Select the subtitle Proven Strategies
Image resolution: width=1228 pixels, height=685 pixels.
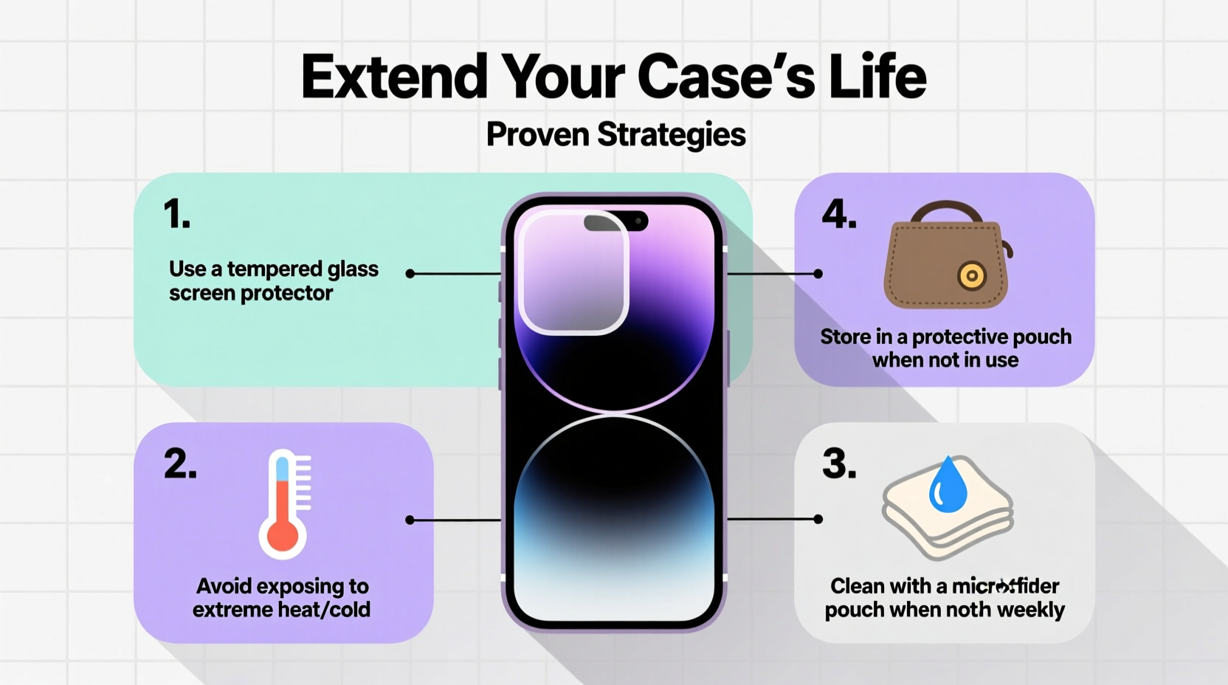click(x=615, y=134)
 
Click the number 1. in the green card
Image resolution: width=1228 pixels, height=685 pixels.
click(x=176, y=215)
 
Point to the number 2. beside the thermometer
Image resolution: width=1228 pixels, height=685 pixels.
click(x=180, y=464)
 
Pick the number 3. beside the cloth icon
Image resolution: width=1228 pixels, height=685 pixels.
click(x=839, y=464)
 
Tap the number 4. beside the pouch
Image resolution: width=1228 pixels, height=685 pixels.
click(x=839, y=215)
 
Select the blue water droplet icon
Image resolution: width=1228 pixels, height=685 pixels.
click(x=948, y=486)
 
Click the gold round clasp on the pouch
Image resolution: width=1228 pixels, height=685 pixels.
click(x=972, y=277)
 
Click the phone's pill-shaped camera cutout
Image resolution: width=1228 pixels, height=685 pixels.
click(x=616, y=221)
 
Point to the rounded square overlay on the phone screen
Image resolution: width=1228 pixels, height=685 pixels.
click(x=573, y=272)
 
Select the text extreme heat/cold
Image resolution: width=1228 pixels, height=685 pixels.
click(x=281, y=610)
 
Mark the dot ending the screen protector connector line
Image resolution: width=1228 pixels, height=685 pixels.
click(x=410, y=274)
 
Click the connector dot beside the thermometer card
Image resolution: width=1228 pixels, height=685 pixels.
click(x=410, y=520)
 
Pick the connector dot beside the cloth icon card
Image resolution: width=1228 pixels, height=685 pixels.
click(x=818, y=519)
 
